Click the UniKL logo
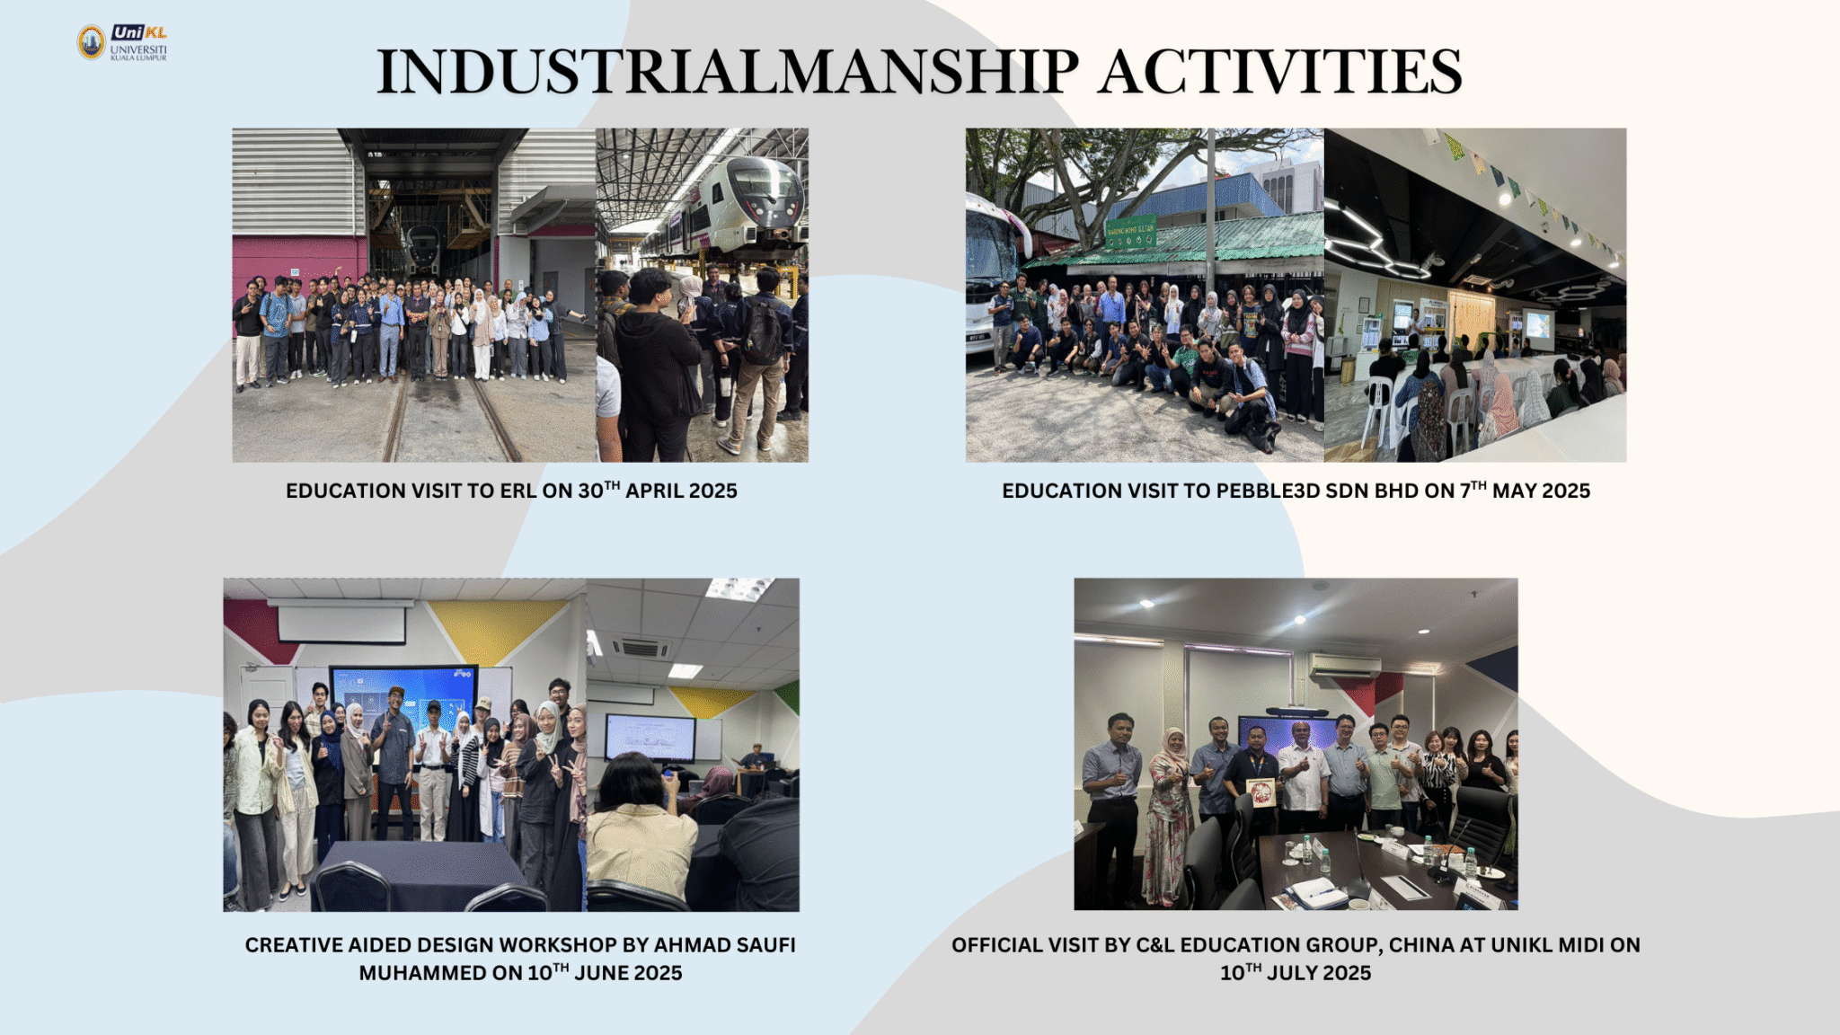122,42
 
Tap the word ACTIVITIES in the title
1281,72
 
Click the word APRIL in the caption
655,491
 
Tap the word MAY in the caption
1515,491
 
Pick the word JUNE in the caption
599,973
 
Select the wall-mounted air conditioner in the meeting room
1343,666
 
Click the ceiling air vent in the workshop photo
641,648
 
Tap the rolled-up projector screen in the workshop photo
340,620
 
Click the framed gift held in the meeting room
1261,792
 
